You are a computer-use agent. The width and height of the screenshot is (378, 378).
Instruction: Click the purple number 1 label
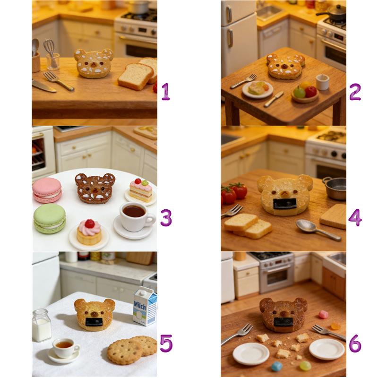[166, 92]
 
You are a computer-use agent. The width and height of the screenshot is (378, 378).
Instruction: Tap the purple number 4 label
[355, 218]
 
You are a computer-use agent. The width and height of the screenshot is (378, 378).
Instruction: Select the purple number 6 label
[355, 344]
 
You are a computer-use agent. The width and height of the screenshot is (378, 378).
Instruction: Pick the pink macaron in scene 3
[47, 190]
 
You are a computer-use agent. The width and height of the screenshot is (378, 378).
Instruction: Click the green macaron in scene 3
[50, 219]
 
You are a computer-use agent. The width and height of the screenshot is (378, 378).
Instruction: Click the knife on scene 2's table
[274, 99]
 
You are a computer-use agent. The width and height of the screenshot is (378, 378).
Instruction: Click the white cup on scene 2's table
[322, 82]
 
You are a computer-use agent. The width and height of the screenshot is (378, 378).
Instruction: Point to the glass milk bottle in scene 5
[42, 325]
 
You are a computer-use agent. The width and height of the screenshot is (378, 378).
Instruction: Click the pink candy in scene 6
[323, 314]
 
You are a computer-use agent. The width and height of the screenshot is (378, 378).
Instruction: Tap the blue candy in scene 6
[277, 366]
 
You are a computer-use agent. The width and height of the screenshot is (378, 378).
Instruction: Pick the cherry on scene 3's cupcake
[90, 223]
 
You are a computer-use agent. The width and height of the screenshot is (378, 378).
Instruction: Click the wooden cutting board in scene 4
[334, 217]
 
